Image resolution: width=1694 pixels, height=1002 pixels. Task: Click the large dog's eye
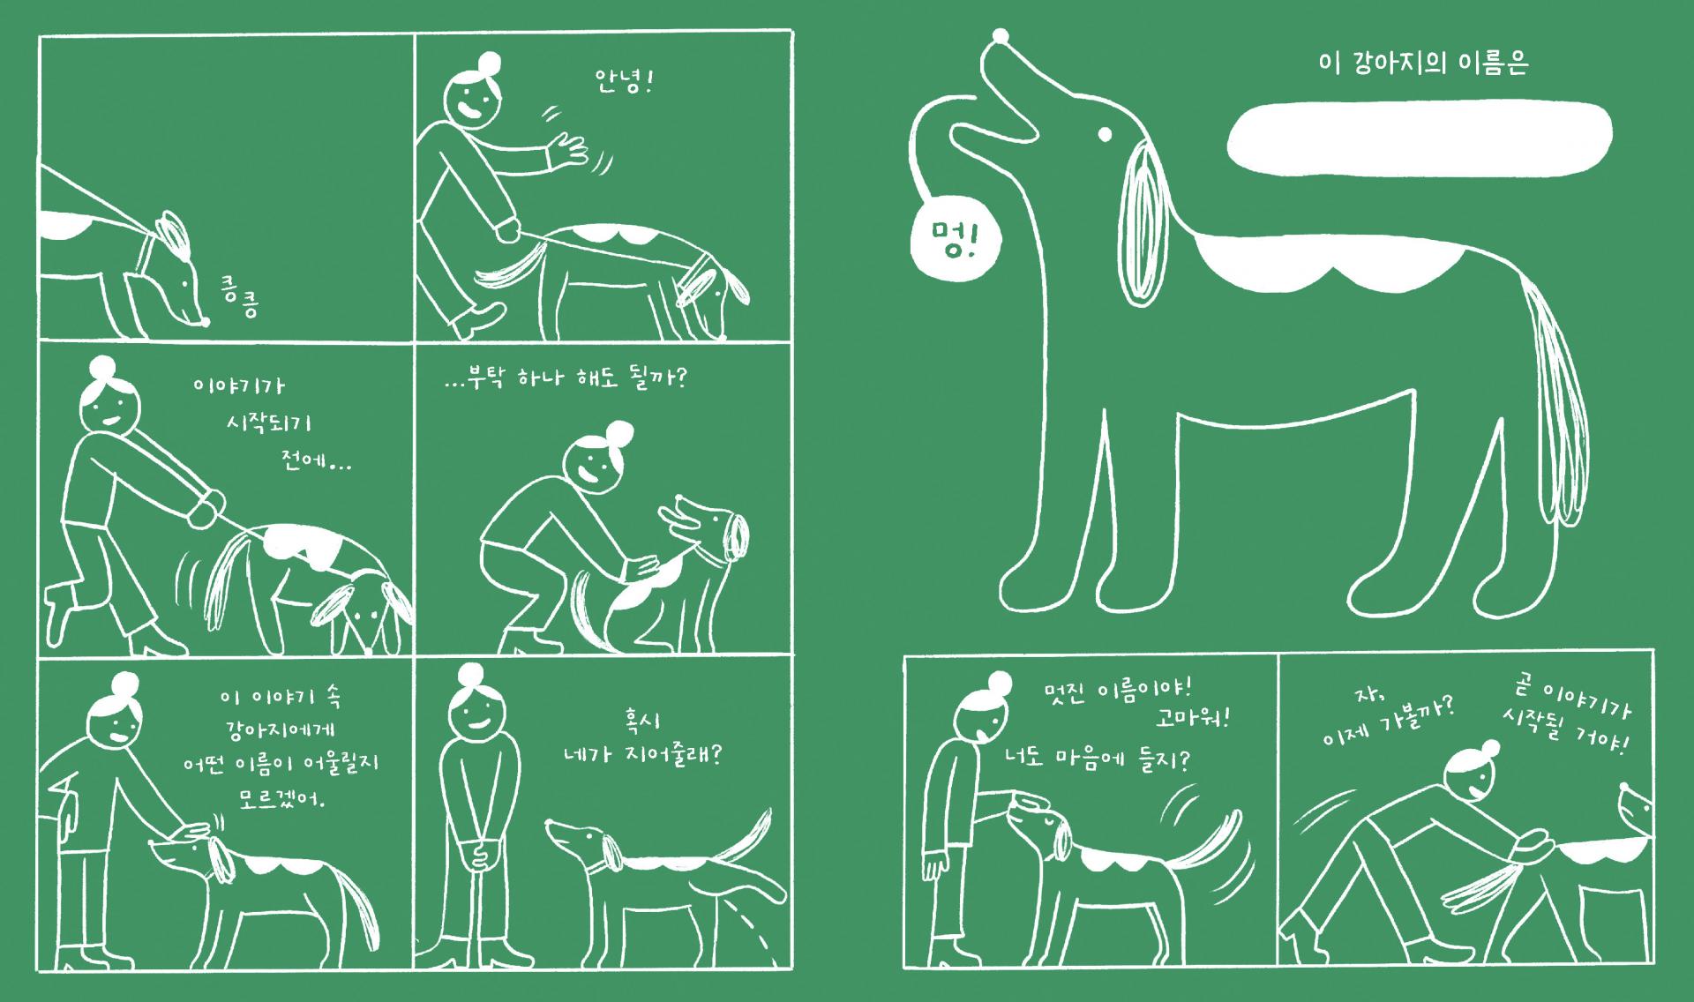(x=1104, y=135)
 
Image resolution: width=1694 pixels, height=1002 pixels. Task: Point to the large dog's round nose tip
(x=1001, y=37)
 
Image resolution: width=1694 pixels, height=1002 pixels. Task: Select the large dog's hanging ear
(x=1148, y=221)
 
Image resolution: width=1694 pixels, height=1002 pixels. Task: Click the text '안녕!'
(x=623, y=85)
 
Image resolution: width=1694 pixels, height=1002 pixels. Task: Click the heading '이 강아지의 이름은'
(x=1422, y=64)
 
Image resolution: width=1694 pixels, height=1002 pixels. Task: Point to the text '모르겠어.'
(x=282, y=798)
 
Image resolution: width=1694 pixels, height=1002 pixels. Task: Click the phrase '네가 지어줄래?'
(x=642, y=757)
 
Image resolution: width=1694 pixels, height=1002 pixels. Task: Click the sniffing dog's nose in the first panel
(x=206, y=322)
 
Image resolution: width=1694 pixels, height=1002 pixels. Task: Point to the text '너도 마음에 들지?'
(x=1097, y=759)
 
